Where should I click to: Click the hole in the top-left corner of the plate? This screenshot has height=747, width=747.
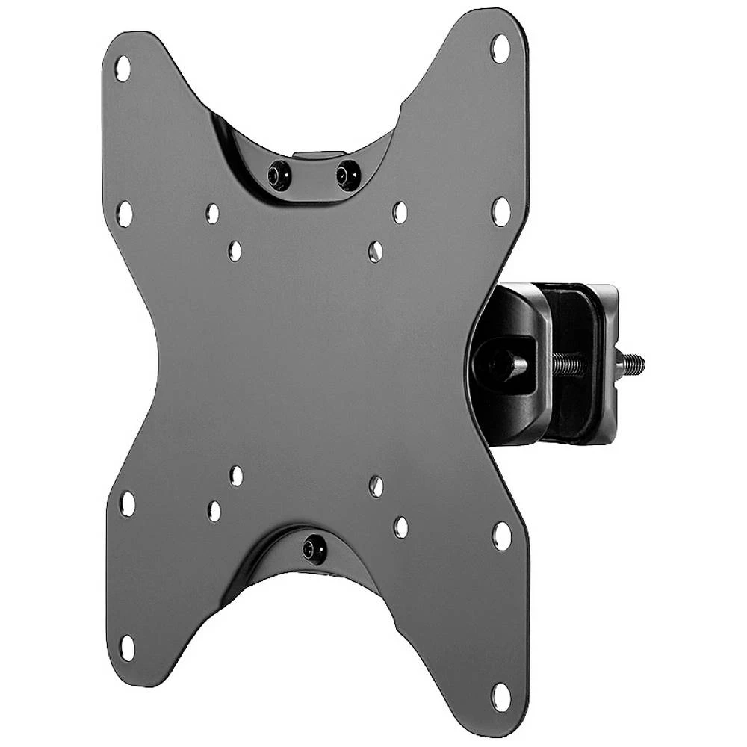[x=123, y=69]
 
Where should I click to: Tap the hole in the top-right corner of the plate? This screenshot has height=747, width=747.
[x=500, y=49]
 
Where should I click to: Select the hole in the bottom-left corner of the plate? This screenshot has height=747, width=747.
[x=127, y=648]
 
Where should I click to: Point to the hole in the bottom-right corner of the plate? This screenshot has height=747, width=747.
[x=500, y=696]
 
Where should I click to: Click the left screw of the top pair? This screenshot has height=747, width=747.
[x=280, y=176]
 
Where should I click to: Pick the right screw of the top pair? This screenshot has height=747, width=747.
[x=347, y=176]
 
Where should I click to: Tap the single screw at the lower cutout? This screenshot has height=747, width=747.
[x=314, y=550]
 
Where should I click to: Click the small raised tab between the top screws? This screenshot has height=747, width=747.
[x=314, y=156]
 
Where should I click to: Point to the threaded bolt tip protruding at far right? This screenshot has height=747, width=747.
[x=633, y=365]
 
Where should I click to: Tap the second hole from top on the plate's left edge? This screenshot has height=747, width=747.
[x=125, y=214]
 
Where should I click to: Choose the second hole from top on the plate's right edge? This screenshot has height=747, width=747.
[x=500, y=211]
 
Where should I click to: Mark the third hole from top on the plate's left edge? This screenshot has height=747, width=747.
[x=128, y=503]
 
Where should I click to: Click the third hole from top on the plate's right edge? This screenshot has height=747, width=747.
[x=501, y=536]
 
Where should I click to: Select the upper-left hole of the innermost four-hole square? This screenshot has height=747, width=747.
[x=235, y=250]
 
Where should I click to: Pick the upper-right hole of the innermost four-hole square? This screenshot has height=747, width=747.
[x=376, y=252]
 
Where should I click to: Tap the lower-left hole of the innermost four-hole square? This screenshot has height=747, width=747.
[x=236, y=476]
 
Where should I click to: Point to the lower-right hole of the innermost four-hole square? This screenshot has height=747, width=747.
[x=376, y=486]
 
